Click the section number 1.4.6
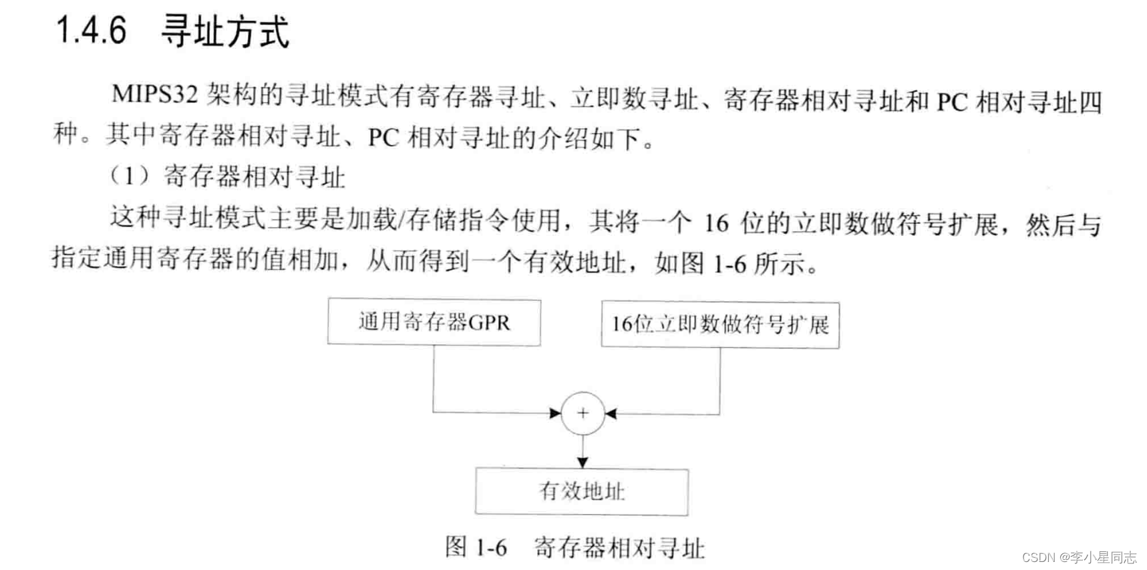(91, 31)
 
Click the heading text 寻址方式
(225, 31)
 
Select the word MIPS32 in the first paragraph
(154, 94)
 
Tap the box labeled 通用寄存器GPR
(434, 322)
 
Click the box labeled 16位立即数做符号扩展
(719, 325)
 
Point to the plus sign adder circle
(583, 413)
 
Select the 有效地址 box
(581, 491)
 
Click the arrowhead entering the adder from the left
(555, 413)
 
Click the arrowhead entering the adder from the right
(611, 414)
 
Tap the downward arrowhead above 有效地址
(583, 462)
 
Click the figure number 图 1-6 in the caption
(476, 547)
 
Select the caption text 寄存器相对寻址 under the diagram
(619, 547)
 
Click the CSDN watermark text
(1079, 557)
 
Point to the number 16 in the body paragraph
(715, 223)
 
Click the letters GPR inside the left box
(489, 323)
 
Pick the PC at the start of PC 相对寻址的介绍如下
(383, 138)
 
